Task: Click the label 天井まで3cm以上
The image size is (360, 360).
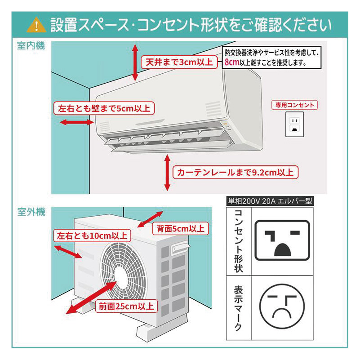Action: [x=178, y=62]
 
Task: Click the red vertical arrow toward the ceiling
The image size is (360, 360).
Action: [x=135, y=62]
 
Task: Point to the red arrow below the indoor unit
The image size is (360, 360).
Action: [x=167, y=173]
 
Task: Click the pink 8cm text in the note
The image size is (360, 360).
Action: [x=231, y=63]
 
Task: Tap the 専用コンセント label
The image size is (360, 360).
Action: [x=294, y=105]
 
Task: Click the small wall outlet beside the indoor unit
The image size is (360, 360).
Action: [x=294, y=124]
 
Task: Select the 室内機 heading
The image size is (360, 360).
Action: [x=31, y=46]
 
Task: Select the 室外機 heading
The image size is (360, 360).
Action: [x=31, y=212]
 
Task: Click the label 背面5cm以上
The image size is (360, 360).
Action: [x=180, y=228]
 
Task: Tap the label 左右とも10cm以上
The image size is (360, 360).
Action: [x=92, y=236]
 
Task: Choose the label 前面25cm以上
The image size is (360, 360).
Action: [x=126, y=307]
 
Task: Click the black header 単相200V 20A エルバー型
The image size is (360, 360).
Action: [x=270, y=201]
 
